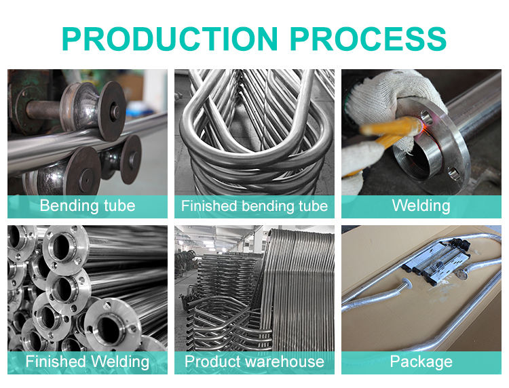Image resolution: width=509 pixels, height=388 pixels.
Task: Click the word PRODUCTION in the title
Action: pyautogui.click(x=170, y=39)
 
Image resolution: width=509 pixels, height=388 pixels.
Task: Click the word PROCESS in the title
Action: pyautogui.click(x=368, y=39)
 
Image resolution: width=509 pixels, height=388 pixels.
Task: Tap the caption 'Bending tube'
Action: pyautogui.click(x=88, y=206)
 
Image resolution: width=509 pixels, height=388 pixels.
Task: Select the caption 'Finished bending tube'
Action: pyautogui.click(x=254, y=206)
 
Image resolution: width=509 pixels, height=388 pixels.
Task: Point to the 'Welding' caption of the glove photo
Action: pyautogui.click(x=421, y=206)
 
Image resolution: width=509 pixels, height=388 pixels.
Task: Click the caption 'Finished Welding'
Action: pyautogui.click(x=88, y=362)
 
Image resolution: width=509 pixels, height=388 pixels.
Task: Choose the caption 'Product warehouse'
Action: pyautogui.click(x=254, y=362)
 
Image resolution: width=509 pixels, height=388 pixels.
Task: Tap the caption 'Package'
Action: pyautogui.click(x=421, y=362)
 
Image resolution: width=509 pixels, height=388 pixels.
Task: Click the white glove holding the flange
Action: pyautogui.click(x=394, y=94)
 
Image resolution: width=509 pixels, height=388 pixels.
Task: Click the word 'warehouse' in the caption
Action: pyautogui.click(x=282, y=362)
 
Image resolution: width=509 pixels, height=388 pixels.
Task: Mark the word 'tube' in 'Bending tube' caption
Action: pyautogui.click(x=119, y=206)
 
